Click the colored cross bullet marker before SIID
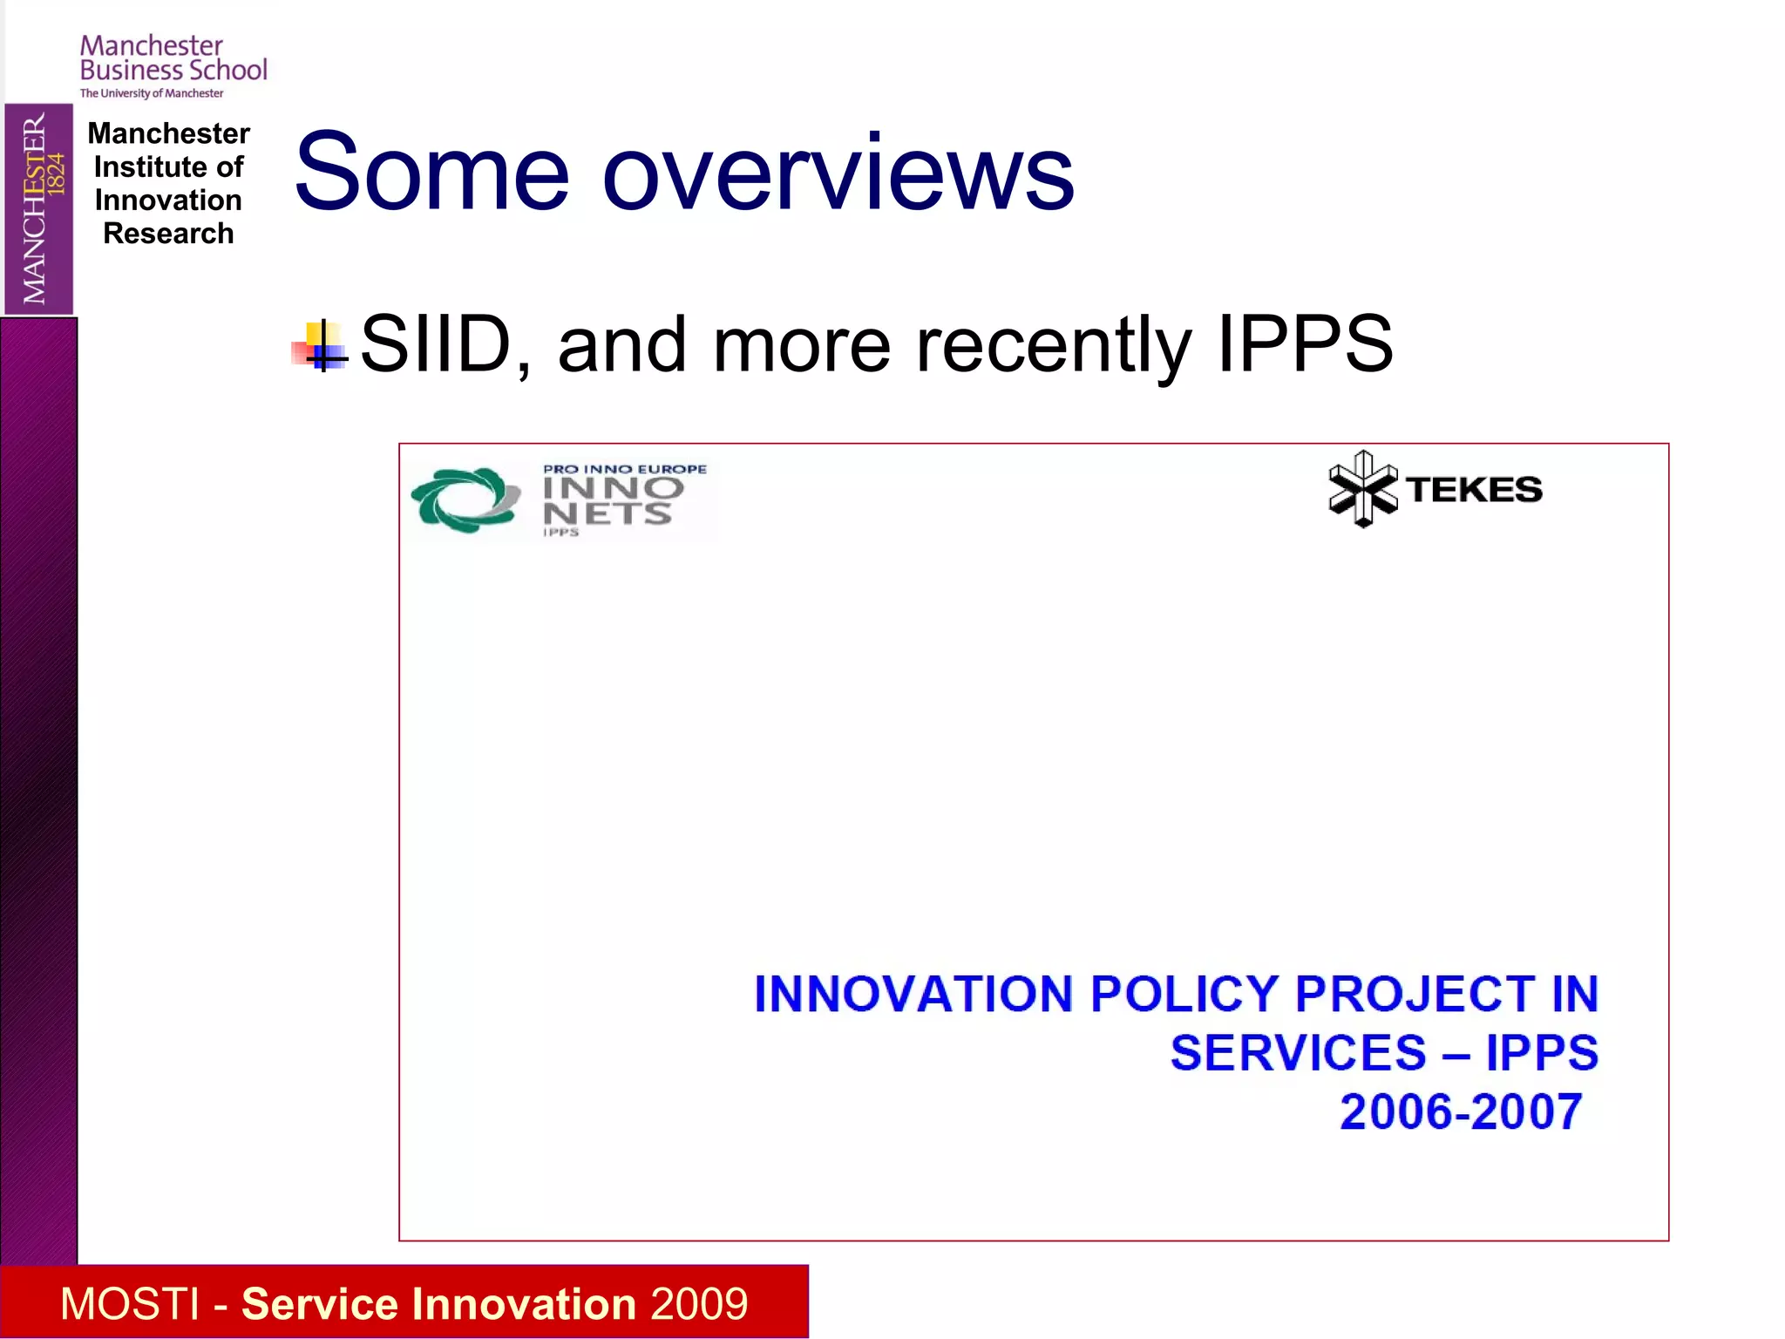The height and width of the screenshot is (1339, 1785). (321, 347)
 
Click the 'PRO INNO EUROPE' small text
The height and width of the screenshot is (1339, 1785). (625, 469)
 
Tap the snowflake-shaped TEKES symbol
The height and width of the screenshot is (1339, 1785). (1361, 489)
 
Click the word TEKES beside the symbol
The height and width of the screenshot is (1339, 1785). (1475, 490)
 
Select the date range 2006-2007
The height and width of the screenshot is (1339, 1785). (1461, 1112)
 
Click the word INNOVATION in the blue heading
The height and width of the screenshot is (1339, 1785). (913, 995)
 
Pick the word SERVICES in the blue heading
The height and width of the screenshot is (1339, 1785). (1297, 1053)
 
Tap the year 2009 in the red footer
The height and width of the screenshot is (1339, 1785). (699, 1304)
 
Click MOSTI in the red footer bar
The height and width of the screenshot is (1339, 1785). (130, 1304)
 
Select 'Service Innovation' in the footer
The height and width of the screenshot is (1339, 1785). (438, 1304)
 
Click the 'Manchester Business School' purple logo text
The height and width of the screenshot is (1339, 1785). (173, 58)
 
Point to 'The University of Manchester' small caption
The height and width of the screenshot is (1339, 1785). (152, 93)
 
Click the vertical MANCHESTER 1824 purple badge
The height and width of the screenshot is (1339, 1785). (39, 209)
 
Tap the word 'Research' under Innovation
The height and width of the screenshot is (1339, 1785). (168, 234)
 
